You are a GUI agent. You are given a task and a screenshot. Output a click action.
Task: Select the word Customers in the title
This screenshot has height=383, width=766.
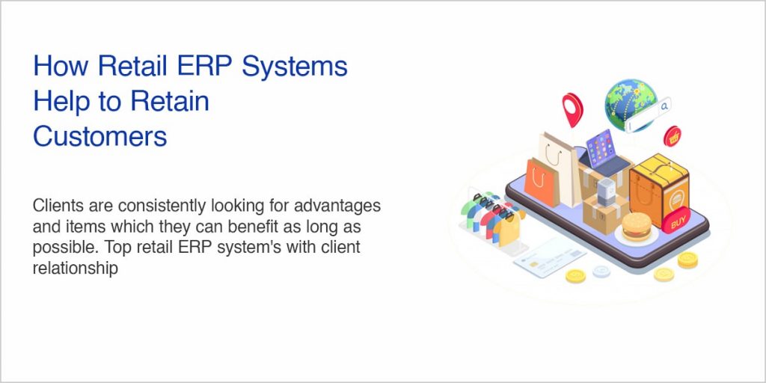tap(100, 136)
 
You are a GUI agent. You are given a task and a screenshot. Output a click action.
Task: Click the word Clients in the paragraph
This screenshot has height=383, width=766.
tap(57, 205)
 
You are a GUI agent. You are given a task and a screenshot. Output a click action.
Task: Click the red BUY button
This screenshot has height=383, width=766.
tap(678, 222)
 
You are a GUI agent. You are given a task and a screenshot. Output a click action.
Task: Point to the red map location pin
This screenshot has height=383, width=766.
tap(573, 106)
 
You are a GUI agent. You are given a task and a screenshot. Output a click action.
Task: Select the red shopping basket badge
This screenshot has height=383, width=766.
tap(672, 136)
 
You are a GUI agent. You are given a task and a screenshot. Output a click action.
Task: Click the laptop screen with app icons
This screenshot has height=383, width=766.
tap(601, 149)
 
